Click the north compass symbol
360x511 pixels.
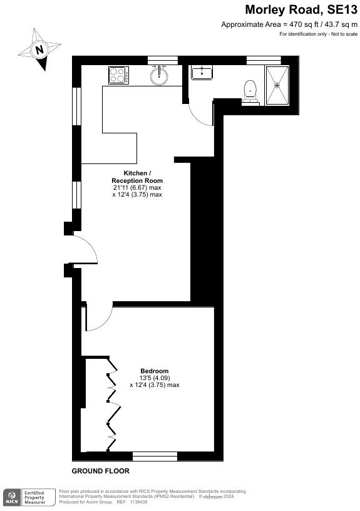tap(39, 48)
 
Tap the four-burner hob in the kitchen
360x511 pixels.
tap(119, 75)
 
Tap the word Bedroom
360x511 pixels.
tap(154, 370)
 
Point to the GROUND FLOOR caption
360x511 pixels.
tap(100, 471)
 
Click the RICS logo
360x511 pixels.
tap(11, 497)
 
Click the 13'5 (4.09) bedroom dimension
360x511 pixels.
tap(154, 378)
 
